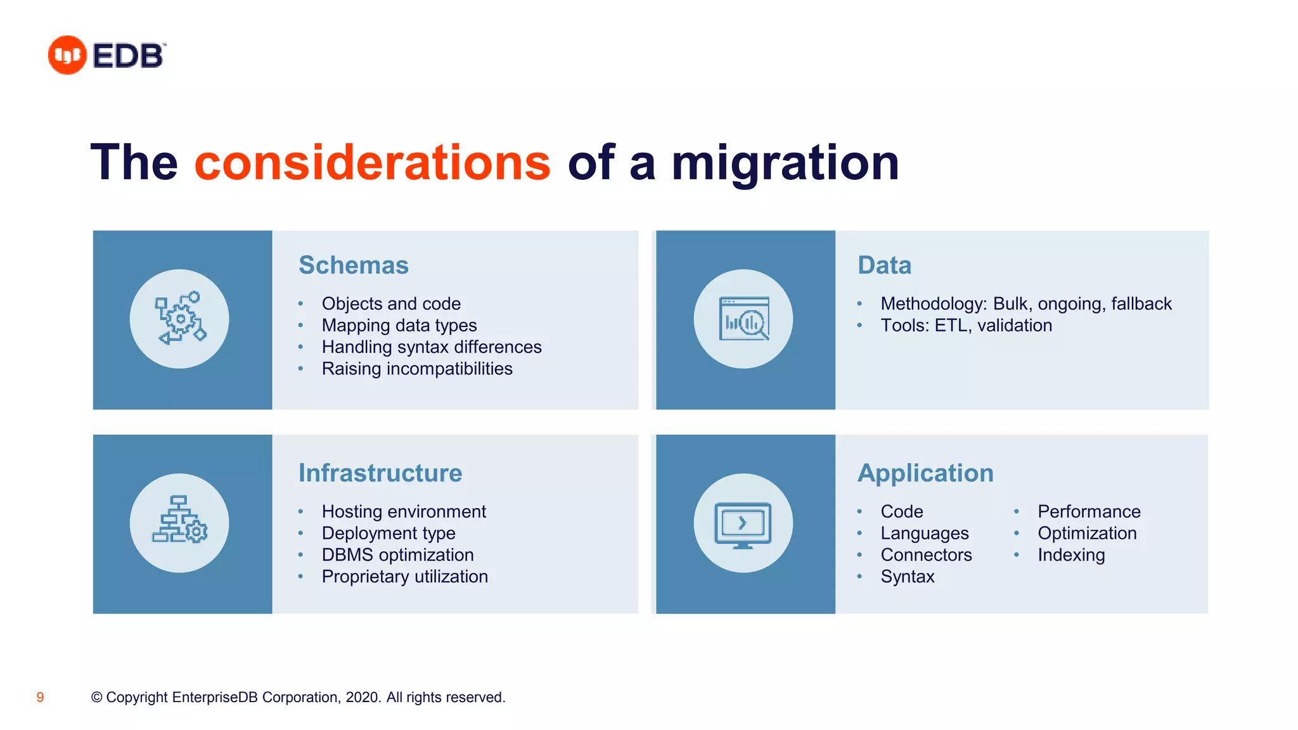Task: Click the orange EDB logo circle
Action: click(67, 55)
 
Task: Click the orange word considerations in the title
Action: click(372, 163)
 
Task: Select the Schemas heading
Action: click(354, 266)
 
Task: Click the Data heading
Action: click(884, 266)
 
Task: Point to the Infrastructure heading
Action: click(380, 473)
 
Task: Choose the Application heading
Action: click(925, 473)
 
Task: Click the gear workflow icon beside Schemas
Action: click(180, 319)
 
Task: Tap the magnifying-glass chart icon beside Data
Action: click(743, 319)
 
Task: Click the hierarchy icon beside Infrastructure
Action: click(180, 523)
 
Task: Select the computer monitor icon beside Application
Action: click(743, 524)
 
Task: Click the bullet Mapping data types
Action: click(399, 326)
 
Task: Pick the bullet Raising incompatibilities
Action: click(417, 369)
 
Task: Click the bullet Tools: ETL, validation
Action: click(966, 326)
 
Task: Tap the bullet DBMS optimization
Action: click(397, 555)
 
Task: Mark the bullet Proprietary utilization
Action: click(404, 577)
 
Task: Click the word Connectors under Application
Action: click(926, 555)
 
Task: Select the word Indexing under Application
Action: click(1071, 555)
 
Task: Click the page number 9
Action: click(40, 698)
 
